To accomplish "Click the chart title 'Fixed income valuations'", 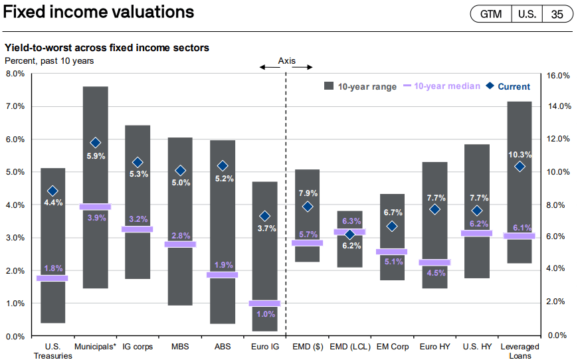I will tap(100, 13).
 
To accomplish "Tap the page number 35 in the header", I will tap(557, 14).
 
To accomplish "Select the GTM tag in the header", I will tap(490, 14).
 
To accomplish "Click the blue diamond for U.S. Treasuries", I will tap(53, 191).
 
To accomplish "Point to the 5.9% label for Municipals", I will tap(95, 157).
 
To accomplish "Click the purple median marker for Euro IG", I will tap(264, 303).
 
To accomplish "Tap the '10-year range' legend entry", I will tap(367, 86).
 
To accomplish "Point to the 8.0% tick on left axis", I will tap(15, 74).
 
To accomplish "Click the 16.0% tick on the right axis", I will tap(558, 76).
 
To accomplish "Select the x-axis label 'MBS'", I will tap(181, 346).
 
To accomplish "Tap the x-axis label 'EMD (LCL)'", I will tap(349, 346).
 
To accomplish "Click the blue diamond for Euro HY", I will tap(434, 209).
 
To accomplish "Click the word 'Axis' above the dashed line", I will tap(286, 60).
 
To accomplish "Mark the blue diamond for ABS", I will tap(223, 165).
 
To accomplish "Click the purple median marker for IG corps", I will tap(138, 229).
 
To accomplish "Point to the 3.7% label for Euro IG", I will tap(265, 229).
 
